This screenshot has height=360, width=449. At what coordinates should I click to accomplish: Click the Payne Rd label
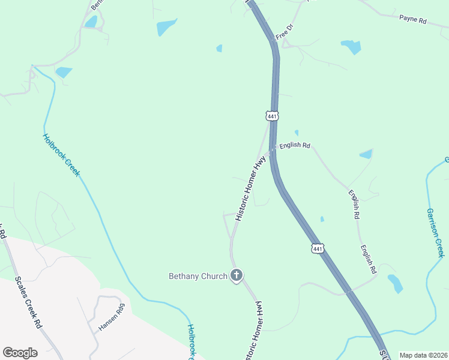click(412, 19)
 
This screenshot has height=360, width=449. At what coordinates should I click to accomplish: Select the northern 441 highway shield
click(272, 115)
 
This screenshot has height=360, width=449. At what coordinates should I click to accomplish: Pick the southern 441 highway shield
click(318, 248)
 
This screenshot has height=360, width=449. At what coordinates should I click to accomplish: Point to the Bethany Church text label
click(198, 276)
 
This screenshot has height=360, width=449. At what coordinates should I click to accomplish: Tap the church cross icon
click(237, 275)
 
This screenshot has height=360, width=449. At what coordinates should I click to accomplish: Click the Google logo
click(20, 353)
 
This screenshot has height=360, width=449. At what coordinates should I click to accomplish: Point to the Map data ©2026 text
click(423, 355)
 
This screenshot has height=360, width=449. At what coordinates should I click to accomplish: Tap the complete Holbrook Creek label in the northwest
click(61, 154)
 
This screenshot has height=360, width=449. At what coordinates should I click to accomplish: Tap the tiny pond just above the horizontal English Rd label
click(297, 133)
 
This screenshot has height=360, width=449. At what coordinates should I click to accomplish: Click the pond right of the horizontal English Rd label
click(366, 154)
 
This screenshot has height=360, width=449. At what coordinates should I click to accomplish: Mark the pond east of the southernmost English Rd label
click(395, 283)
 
